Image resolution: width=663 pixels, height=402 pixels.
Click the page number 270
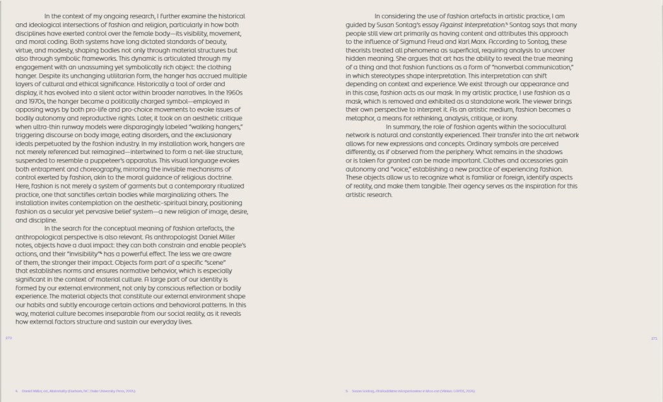tap(8, 337)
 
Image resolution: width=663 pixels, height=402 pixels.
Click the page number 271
tap(653, 337)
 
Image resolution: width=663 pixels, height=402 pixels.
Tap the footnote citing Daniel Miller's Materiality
tap(78, 391)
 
